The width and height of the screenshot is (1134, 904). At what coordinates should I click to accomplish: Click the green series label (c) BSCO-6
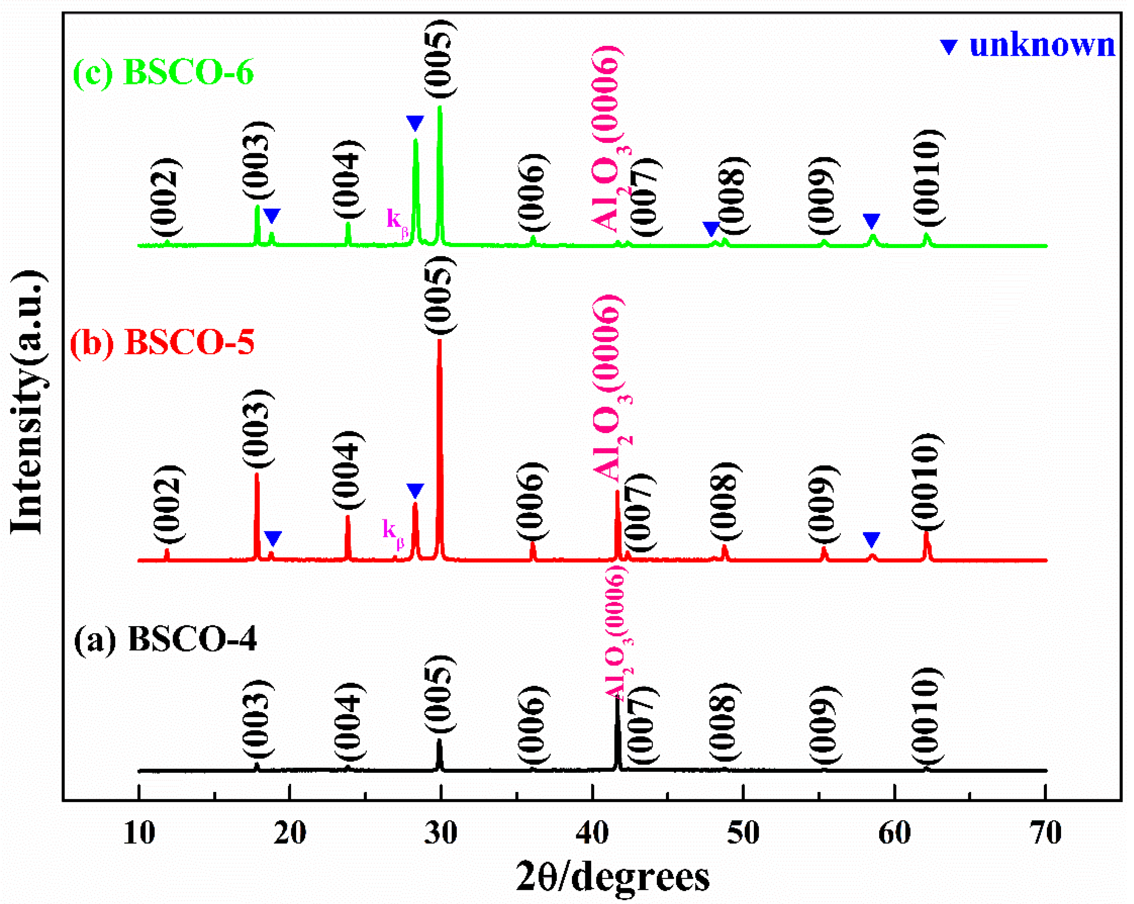[163, 72]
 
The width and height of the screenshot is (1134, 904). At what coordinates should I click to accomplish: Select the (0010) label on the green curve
[927, 179]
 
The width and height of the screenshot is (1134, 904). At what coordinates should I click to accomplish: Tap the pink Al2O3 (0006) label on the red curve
[610, 390]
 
